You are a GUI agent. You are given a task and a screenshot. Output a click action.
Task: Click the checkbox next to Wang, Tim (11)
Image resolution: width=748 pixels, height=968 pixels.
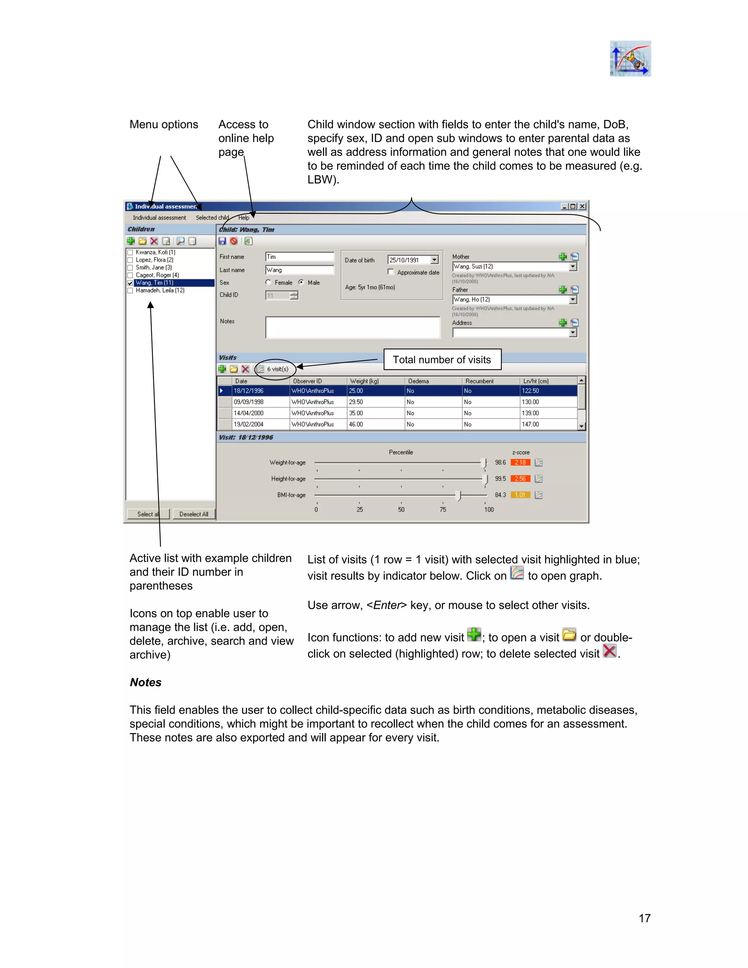click(130, 283)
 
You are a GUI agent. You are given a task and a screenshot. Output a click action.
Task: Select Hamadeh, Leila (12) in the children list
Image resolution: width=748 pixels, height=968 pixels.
click(160, 290)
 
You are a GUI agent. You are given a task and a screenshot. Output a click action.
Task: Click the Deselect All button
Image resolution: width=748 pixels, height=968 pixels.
click(194, 514)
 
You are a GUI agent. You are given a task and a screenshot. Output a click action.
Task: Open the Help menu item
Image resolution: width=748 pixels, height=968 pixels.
click(243, 218)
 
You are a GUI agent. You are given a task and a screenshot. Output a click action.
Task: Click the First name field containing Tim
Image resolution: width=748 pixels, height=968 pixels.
click(299, 257)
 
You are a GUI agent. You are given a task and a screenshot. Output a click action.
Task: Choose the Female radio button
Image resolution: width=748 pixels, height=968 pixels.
click(268, 282)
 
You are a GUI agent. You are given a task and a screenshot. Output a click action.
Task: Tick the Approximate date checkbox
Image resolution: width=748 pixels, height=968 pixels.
click(390, 272)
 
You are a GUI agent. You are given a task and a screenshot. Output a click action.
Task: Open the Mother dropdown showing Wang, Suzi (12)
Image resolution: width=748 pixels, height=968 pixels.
click(573, 266)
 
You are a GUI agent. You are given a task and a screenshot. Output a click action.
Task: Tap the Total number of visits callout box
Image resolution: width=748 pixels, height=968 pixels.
click(442, 359)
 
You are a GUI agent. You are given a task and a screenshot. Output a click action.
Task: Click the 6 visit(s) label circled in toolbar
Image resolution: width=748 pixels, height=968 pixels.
click(278, 369)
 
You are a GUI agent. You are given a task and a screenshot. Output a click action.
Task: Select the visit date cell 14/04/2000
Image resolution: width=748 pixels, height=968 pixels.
click(249, 413)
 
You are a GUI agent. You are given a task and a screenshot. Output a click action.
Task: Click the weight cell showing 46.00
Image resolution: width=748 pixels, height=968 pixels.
click(356, 424)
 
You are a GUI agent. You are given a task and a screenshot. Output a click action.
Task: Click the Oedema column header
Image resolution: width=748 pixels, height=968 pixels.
click(419, 381)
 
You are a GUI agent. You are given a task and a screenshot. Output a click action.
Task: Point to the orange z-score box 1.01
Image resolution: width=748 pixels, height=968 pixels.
click(520, 495)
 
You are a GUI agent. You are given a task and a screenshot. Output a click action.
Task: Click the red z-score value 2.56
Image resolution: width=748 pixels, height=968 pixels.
click(520, 479)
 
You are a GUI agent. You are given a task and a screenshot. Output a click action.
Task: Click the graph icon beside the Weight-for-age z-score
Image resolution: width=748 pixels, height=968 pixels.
click(538, 463)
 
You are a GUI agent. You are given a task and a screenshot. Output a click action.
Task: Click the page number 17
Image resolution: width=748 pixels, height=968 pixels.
click(644, 918)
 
